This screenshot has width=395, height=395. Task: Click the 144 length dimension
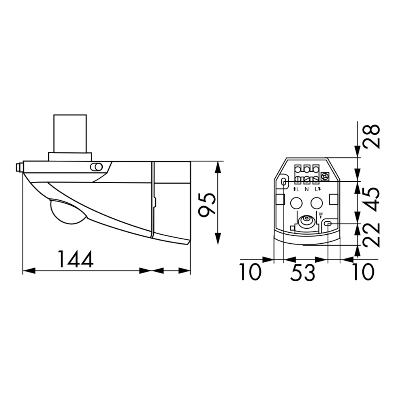point(75,259)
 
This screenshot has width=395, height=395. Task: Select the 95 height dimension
point(207,204)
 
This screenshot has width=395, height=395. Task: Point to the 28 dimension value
point(372,136)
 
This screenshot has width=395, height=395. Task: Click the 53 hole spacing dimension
point(303,273)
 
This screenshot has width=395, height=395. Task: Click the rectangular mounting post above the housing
point(70,134)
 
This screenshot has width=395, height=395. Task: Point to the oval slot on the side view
point(96,167)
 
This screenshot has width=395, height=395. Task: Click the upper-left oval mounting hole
point(284,181)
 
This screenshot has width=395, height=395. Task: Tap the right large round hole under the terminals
point(316,203)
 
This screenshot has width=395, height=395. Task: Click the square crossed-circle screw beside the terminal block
point(326,176)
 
